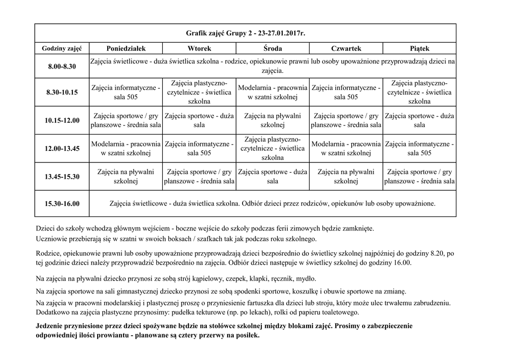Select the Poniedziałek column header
pos(126,48)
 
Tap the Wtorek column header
pos(199,48)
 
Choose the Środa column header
pos(272,48)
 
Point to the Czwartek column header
pos(346,48)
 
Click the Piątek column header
pos(419,48)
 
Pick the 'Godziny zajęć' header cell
pos(62,48)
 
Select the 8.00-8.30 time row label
pos(62,67)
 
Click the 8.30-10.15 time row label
pos(62,92)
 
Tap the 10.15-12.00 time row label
pos(62,120)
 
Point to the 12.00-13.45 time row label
pos(62,148)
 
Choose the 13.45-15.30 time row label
pos(62,176)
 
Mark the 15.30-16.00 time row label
pos(62,204)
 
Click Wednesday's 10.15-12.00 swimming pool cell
pos(272,120)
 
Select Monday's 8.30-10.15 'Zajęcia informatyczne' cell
pos(126,92)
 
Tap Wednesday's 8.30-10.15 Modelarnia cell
pos(272,92)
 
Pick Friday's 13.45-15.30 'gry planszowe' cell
pos(419,176)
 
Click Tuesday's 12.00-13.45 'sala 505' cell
pos(199,148)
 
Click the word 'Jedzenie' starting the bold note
pos(51,326)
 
